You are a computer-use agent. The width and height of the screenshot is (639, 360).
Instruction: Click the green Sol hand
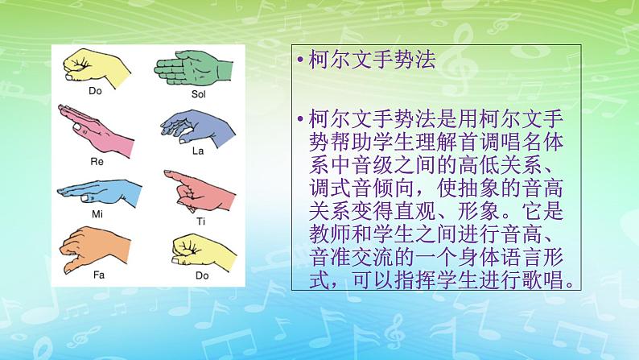pyautogui.click(x=191, y=65)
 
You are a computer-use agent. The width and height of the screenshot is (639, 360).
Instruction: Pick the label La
pyautogui.click(x=199, y=151)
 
